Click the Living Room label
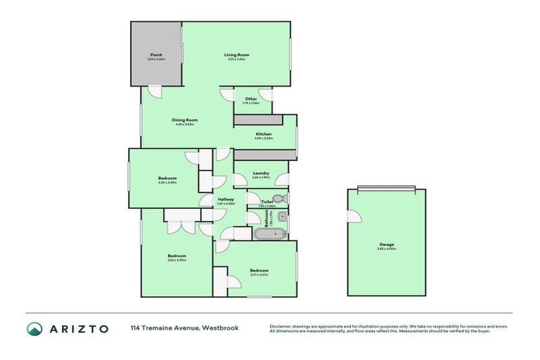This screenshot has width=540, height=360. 237,55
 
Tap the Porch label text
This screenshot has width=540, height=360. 156,55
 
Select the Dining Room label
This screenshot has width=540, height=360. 184,120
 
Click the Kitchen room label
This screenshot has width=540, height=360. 264,134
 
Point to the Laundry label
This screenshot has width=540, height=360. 261,173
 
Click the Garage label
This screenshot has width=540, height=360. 387,245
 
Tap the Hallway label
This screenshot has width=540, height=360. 226,200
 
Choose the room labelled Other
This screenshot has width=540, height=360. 251,99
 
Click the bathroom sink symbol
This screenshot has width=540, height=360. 281,217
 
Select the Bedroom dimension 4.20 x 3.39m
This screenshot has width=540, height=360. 167,182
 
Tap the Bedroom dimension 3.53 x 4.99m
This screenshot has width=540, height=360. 176,260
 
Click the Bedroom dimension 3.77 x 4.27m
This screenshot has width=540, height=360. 259,275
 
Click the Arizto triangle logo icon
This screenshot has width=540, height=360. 34,328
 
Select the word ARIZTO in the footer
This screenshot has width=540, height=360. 78,328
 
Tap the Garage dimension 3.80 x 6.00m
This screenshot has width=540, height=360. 387,249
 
